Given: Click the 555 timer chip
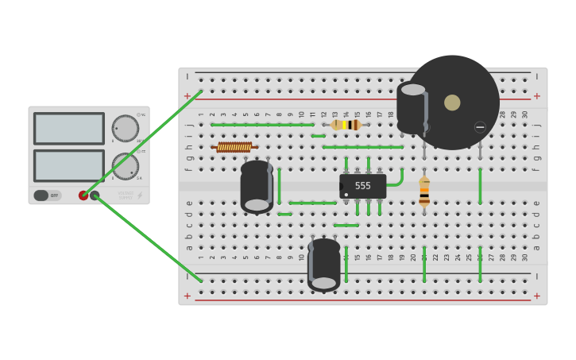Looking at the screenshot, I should click(x=362, y=186).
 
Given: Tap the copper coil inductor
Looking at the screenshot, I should click(x=234, y=147).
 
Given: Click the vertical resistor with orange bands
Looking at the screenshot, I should click(x=424, y=192).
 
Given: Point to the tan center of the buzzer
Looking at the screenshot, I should click(x=452, y=103).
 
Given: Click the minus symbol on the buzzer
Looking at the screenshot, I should click(x=480, y=127).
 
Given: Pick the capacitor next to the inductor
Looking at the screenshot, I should click(x=257, y=187).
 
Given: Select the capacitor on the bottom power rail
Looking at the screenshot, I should click(x=324, y=264).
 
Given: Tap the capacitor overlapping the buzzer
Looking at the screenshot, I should click(x=412, y=108).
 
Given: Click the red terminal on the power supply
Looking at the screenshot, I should click(x=83, y=195).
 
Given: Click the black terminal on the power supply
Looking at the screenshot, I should click(x=95, y=195).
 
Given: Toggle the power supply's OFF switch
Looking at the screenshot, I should click(x=47, y=195).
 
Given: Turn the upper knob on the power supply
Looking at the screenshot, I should click(x=125, y=128).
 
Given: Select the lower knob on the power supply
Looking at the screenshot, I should click(x=125, y=166).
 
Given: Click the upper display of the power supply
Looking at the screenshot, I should click(x=69, y=129).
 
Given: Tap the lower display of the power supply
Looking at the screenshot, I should click(x=69, y=165).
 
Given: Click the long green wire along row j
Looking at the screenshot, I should click(x=262, y=125).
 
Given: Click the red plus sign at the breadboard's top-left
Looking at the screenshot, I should click(x=187, y=96).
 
